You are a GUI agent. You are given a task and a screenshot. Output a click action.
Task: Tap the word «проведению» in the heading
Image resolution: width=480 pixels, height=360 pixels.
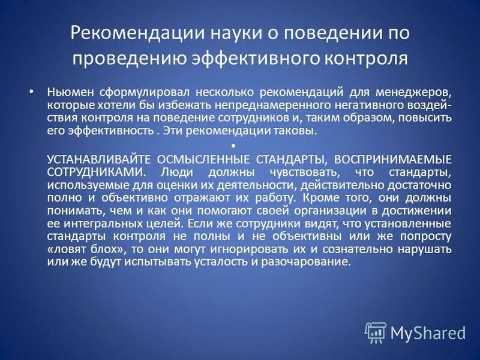(125, 59)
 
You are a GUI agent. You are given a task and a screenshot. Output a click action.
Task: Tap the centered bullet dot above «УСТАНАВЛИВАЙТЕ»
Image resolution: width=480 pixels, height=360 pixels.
(233, 146)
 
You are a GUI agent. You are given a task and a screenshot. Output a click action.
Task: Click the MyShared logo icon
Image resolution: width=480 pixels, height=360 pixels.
(375, 332)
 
